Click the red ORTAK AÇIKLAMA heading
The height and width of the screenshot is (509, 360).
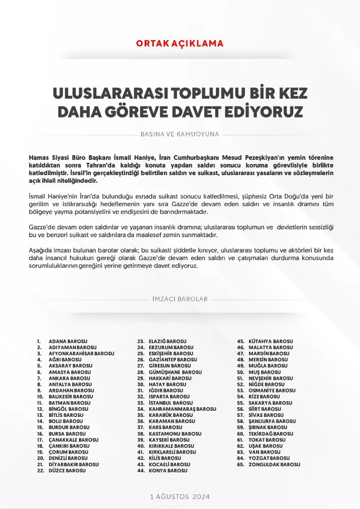pos(180,43)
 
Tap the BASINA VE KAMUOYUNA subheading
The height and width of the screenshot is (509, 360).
pos(179,135)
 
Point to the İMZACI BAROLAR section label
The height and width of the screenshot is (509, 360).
pos(180,299)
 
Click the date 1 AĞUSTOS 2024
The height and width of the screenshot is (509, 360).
pos(180,496)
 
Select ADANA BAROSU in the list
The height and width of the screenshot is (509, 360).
pos(68,341)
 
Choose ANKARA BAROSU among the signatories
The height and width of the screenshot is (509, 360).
pos(69,378)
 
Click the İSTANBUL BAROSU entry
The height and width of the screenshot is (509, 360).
pos(171,403)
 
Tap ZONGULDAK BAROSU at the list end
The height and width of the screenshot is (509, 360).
pos(274,464)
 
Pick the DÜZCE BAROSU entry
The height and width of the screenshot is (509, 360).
pos(67,471)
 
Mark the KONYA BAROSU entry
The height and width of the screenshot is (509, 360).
pos(168,471)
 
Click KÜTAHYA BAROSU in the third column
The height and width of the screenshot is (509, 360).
pos(271,341)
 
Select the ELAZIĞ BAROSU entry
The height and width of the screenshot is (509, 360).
pos(168,341)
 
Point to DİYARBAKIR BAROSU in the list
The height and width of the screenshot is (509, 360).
pos(74,464)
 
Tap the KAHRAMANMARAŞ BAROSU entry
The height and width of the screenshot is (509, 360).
pos(182,409)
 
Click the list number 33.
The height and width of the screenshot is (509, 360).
pos(141,403)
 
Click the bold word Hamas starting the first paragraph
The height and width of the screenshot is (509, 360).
pos(38,158)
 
